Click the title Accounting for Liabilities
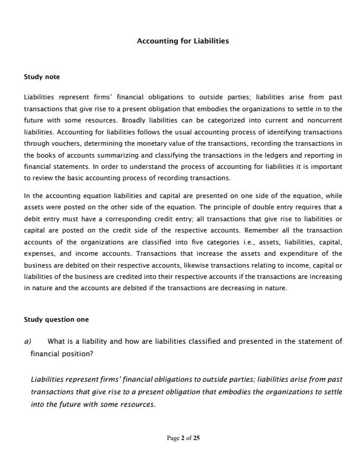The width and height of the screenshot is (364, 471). pos(183,41)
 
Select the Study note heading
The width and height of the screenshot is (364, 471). pos(42,77)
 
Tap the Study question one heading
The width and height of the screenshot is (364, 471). pos(56,319)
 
